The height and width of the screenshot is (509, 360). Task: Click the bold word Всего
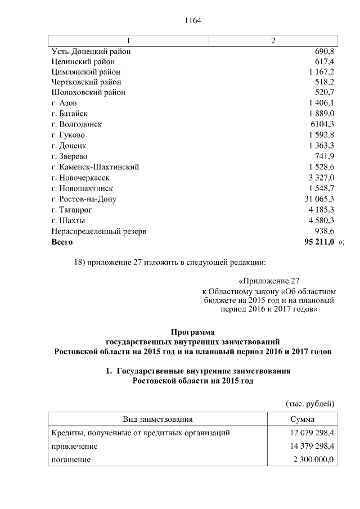point(62,242)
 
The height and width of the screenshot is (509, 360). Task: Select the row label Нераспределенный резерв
point(98,231)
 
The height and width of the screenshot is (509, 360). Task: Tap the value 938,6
point(324,231)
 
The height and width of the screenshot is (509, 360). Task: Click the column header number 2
point(273,40)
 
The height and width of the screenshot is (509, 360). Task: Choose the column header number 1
point(129,40)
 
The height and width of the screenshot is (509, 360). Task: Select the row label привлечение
point(74,446)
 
